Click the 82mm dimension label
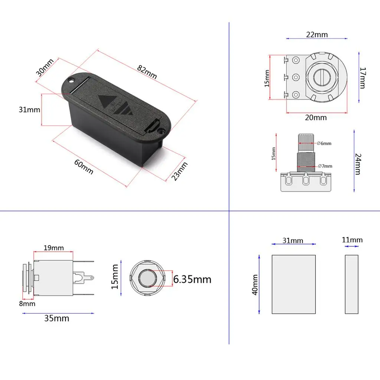tap(147, 72)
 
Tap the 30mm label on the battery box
tap(45, 67)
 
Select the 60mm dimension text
tap(83, 166)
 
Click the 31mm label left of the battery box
tap(29, 110)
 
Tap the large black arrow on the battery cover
tap(105, 101)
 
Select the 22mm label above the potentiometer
tap(317, 35)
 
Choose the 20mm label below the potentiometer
tap(316, 118)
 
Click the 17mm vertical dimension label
tap(363, 78)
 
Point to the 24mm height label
tap(357, 164)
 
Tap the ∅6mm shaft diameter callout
tap(324, 143)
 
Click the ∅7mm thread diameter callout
tap(325, 166)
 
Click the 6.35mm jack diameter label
tap(192, 279)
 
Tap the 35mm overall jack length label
tap(56, 318)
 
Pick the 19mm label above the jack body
tap(53, 248)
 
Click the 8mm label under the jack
tap(28, 304)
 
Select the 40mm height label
tap(255, 285)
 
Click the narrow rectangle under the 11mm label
tap(351, 284)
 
